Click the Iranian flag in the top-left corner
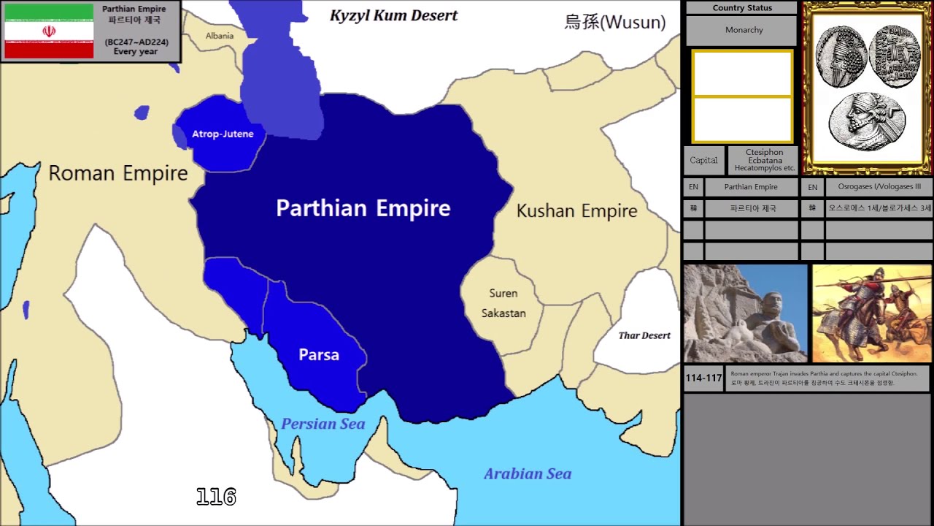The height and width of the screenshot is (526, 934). coord(49,31)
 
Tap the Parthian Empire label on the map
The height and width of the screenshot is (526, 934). coord(363,208)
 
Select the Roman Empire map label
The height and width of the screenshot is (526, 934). coord(118,174)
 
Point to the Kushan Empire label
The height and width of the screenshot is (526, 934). coord(576,211)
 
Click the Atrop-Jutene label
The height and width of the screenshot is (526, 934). coord(223,134)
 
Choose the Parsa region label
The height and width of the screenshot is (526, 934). coord(319,355)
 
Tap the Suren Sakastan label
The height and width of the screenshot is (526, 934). coord(503,303)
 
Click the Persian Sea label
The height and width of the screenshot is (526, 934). coord(323,424)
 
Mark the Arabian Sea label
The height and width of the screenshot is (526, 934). coord(528,474)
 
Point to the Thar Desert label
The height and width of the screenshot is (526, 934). coord(644,335)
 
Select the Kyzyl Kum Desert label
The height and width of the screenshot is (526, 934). coord(393,15)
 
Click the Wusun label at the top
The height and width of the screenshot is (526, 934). coord(615,22)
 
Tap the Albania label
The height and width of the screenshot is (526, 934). coord(220,36)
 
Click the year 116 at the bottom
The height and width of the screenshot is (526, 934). coord(216,498)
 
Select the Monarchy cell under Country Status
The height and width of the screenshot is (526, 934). coord(744,30)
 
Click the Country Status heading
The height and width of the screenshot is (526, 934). coord(742,8)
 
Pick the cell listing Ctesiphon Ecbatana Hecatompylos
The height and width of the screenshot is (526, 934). coord(764,160)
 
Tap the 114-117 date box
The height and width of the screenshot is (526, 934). coord(703,378)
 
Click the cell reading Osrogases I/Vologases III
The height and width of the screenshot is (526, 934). coord(879,187)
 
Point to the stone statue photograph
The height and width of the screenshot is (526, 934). coord(745,313)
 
